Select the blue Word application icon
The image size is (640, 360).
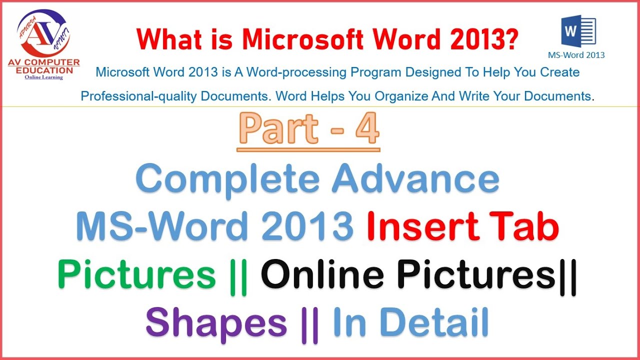click(x=578, y=31)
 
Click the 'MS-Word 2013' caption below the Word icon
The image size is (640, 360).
click(x=576, y=55)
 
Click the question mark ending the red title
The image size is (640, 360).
click(x=511, y=38)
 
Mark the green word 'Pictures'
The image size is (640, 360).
click(x=136, y=275)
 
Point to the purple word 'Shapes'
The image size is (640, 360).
click(x=216, y=323)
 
